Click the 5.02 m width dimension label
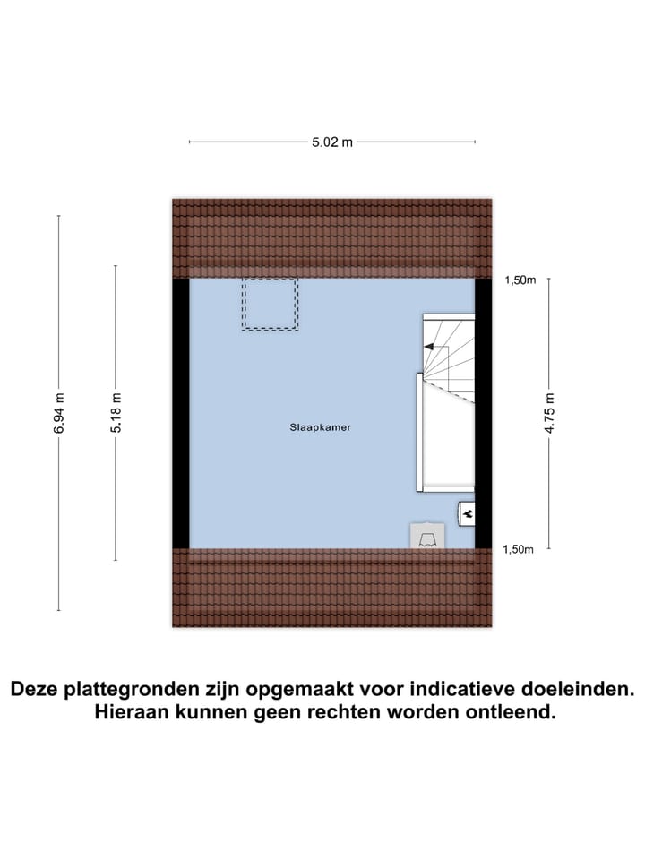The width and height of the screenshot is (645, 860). coord(331,142)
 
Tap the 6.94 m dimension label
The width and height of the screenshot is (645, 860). coord(59,413)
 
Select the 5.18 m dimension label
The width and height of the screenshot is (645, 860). coord(115,413)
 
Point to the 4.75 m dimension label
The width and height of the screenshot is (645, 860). coord(549,413)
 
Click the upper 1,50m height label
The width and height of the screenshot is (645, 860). coord(520,280)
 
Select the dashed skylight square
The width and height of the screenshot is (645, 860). coord(269,305)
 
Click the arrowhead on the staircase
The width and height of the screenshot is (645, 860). coord(429,347)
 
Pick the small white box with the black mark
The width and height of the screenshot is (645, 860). coord(467,513)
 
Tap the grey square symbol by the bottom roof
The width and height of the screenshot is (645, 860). coord(426,536)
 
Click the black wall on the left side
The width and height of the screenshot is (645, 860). coord(180,413)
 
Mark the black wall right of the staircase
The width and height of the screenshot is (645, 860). coord(484,413)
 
